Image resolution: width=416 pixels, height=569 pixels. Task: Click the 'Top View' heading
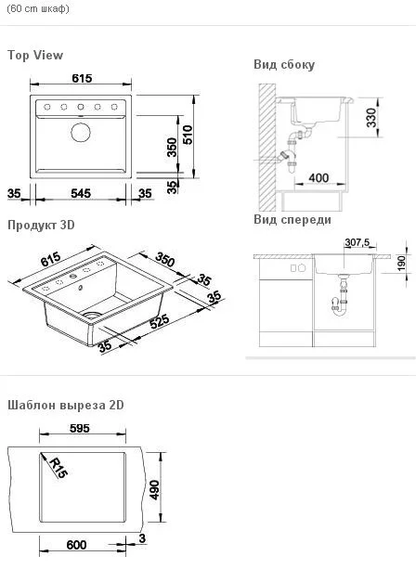point(35,56)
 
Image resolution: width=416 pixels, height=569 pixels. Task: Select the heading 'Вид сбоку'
point(284,65)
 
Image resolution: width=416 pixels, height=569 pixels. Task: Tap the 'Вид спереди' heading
point(292,220)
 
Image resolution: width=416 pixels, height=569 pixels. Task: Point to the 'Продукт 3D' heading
point(41,226)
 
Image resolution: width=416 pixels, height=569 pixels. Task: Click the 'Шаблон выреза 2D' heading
point(66,406)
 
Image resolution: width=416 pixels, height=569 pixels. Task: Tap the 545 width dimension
point(83,194)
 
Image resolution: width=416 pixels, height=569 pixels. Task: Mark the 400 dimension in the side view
point(318,177)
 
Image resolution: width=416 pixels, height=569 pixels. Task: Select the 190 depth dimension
point(400,264)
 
